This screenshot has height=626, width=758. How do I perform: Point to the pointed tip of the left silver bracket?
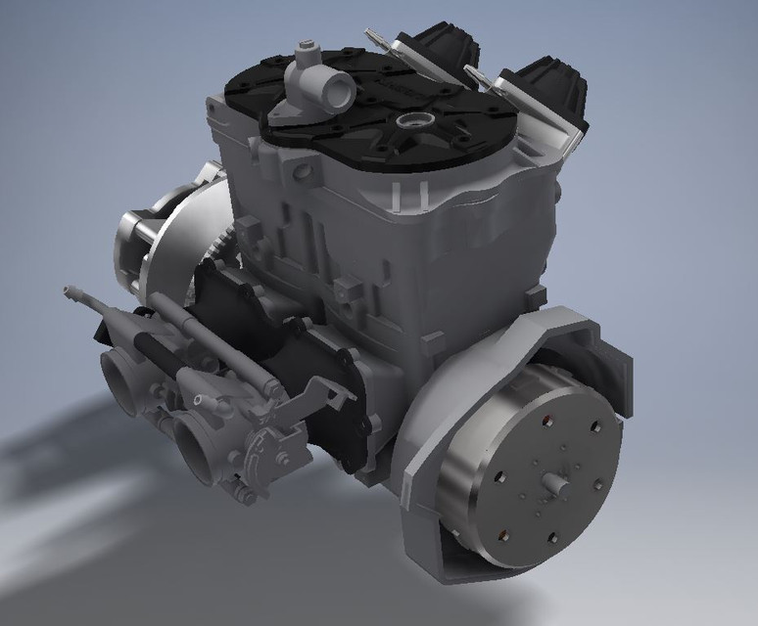(x=370, y=30)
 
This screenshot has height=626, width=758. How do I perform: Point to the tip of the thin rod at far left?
(x=68, y=291)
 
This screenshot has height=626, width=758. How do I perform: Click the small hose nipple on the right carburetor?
(x=200, y=400)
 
